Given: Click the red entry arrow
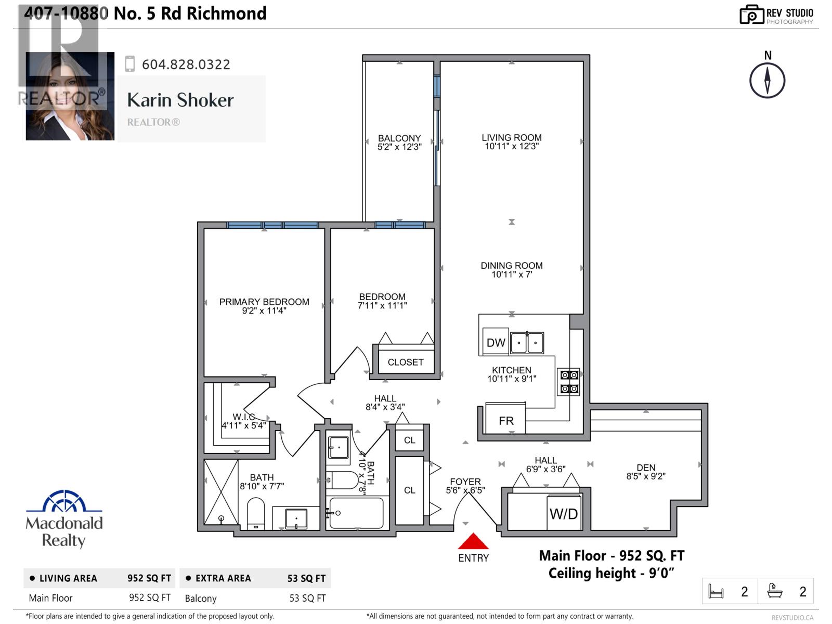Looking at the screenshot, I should [x=473, y=542].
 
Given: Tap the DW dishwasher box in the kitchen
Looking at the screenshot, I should [x=496, y=342].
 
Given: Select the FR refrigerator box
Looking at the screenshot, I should [x=505, y=420].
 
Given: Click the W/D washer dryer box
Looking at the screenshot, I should [x=564, y=513].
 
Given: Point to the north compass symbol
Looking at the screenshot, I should [x=767, y=80].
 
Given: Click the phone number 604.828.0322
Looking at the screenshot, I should [x=186, y=64].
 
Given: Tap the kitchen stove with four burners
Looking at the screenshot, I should [x=569, y=382].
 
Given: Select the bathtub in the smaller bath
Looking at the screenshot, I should [x=357, y=513].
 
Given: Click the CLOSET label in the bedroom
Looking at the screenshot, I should [x=406, y=362].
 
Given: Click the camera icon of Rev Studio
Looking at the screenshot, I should [x=751, y=15].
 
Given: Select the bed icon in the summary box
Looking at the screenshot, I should [x=716, y=591].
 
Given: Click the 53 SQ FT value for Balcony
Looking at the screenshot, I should [x=307, y=598].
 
